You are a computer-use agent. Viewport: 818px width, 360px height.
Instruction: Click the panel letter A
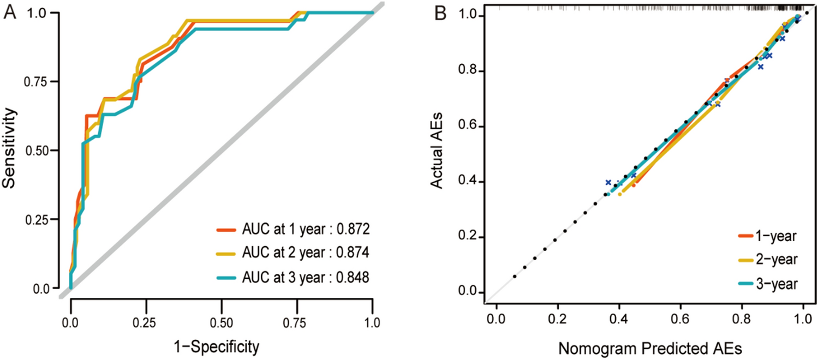pyautogui.click(x=10, y=12)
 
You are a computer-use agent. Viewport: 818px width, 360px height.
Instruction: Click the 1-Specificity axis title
pyautogui.click(x=221, y=345)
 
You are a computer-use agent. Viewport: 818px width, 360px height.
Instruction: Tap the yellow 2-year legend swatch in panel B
pyautogui.click(x=748, y=260)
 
